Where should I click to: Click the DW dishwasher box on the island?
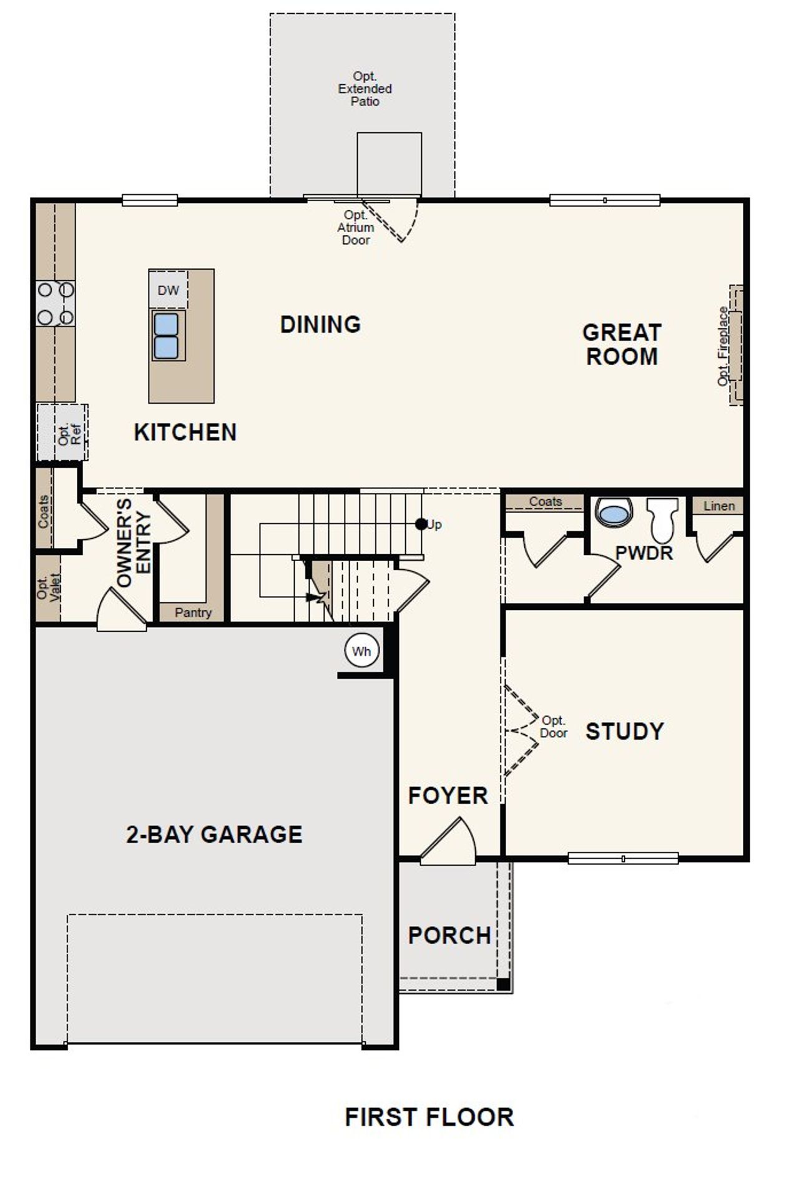(168, 290)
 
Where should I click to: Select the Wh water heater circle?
(361, 652)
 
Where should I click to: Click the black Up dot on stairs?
(421, 524)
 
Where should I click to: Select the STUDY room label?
(624, 731)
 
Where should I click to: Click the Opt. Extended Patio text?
(365, 89)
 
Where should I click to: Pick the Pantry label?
(193, 612)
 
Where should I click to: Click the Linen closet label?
(719, 506)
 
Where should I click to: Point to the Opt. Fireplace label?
(723, 346)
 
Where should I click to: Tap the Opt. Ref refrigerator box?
(62, 433)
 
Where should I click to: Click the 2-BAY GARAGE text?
(214, 834)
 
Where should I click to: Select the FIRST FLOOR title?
(429, 1117)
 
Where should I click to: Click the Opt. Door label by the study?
(554, 727)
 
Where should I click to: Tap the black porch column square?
(503, 984)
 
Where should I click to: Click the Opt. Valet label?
(49, 587)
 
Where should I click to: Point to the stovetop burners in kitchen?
(56, 303)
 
